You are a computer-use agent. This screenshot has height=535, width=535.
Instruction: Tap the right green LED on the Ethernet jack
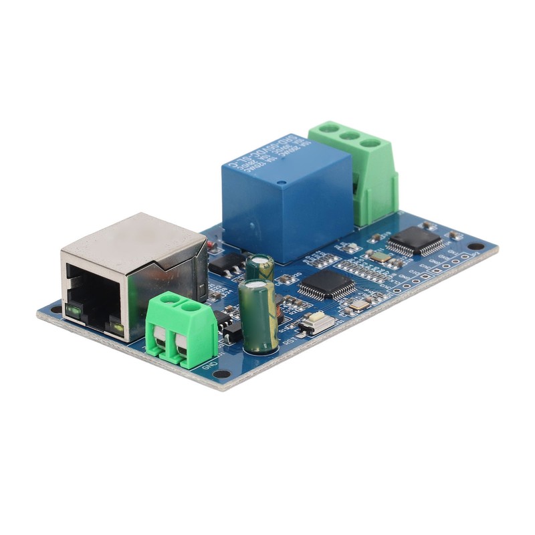(x=118, y=327)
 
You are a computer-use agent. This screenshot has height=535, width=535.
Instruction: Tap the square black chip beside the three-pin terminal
(x=415, y=241)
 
